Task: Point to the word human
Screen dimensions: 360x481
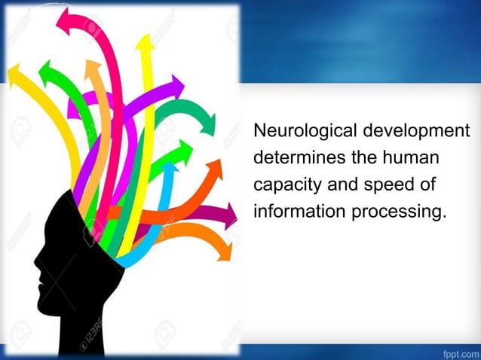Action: click(x=413, y=158)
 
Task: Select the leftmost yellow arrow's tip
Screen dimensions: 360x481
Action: click(x=12, y=72)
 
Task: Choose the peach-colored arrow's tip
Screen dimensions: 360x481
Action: click(x=93, y=65)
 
